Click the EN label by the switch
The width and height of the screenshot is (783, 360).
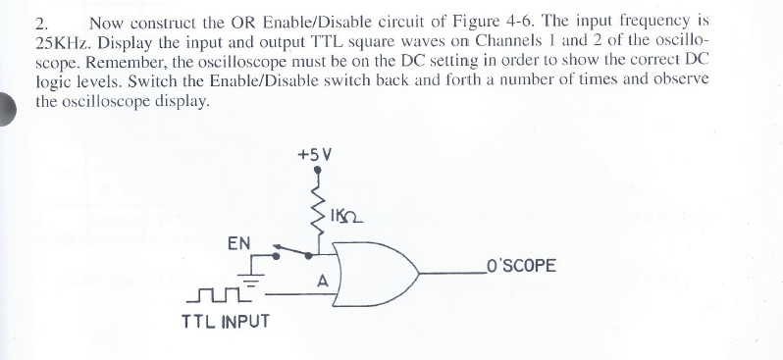pos(238,241)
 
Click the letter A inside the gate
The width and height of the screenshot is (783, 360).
pos(321,280)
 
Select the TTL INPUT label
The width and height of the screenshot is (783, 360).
pos(225,320)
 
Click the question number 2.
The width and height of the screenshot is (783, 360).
pos(40,22)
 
